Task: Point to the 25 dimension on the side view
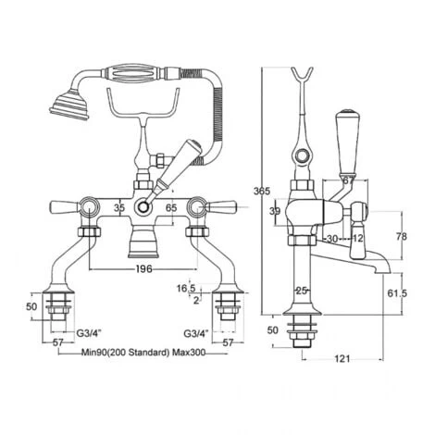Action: (302, 292)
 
